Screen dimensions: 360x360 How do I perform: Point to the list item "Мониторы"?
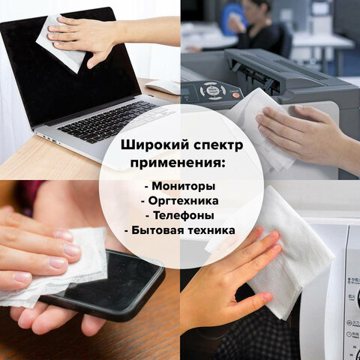click(x=182, y=186)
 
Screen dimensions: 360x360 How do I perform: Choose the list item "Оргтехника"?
click(x=182, y=200)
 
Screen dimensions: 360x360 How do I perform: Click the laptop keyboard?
click(x=105, y=120)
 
